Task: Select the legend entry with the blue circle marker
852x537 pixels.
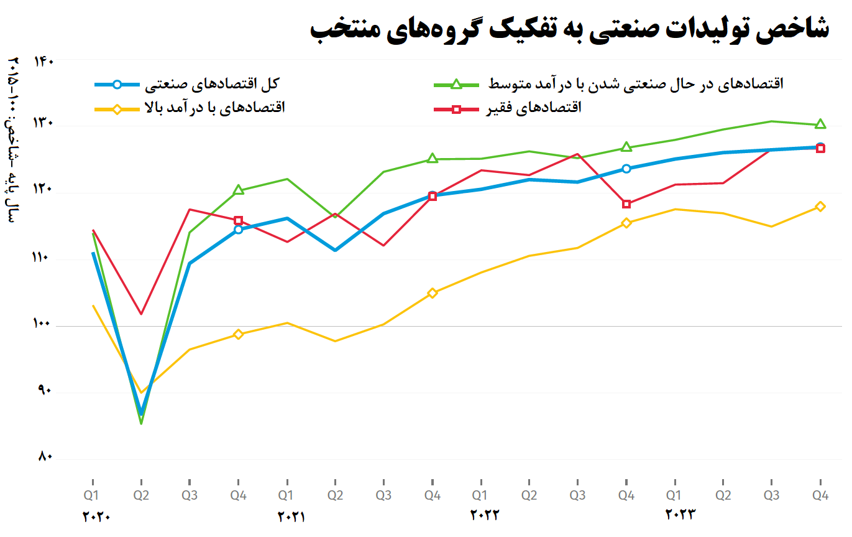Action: (186, 84)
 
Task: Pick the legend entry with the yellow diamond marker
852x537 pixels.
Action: (190, 108)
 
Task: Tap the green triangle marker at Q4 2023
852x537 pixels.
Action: (820, 124)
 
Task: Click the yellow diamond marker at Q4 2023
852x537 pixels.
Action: (820, 207)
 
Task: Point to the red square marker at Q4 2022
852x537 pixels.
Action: (626, 204)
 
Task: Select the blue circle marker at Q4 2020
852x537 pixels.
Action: (238, 230)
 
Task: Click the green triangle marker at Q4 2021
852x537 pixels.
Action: (433, 159)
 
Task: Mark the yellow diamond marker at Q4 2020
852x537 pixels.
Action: (238, 334)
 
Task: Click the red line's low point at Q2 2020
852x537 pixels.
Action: (142, 314)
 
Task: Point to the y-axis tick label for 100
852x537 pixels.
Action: (45, 324)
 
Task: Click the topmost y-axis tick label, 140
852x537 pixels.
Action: (45, 61)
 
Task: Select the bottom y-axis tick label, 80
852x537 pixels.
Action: (45, 457)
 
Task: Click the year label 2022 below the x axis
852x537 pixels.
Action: (485, 515)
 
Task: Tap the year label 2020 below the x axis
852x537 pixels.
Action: (96, 516)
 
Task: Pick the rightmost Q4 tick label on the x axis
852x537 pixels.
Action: (820, 496)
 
